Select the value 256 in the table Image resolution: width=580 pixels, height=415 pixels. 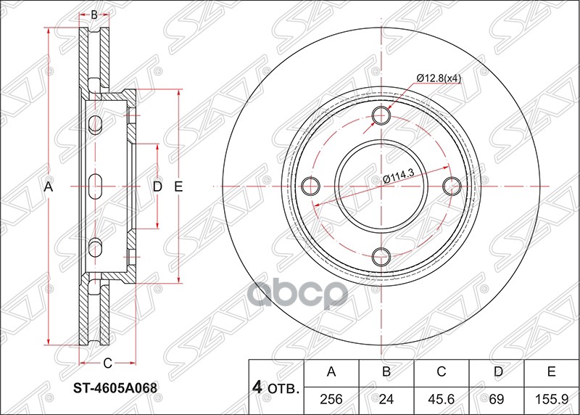point(331,398)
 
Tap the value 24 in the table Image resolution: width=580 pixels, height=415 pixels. point(386,398)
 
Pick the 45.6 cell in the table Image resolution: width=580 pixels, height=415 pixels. point(442,398)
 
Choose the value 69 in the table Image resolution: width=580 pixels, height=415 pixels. point(497,398)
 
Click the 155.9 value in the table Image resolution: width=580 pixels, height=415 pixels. point(552,398)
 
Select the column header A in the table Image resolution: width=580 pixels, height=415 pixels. point(331,373)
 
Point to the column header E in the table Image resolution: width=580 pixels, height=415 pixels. point(552,373)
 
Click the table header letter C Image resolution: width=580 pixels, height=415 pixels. point(442,373)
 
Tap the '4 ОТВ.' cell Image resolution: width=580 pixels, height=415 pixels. point(276,385)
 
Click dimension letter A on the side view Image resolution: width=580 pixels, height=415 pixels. point(49,187)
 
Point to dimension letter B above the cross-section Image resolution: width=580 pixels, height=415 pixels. point(94,14)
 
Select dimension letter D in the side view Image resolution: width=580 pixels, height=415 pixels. point(157,187)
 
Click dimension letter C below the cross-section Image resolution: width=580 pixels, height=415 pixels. point(107,363)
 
